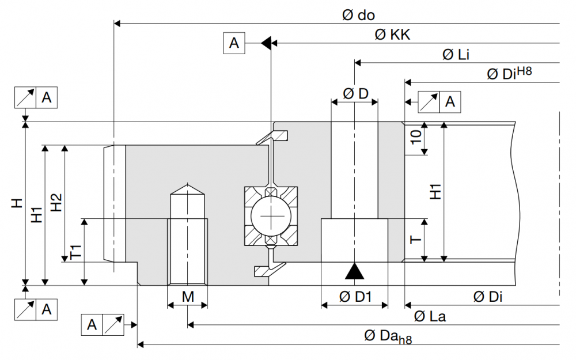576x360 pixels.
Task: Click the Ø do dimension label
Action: pos(358,15)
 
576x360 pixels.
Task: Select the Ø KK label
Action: pos(392,35)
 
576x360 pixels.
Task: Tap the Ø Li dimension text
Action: pos(456,55)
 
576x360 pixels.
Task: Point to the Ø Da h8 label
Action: pos(388,336)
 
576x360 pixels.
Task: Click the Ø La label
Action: pos(430,316)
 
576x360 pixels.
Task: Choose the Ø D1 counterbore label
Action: pos(355,297)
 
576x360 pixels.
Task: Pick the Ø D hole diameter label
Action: pos(355,94)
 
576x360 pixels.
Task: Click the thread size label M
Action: pos(188,297)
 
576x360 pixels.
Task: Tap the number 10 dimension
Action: pos(416,137)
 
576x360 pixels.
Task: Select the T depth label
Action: pos(415,240)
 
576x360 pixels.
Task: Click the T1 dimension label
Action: pos(75,252)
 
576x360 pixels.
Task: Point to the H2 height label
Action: pos(56,202)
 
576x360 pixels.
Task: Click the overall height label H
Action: pos(17,203)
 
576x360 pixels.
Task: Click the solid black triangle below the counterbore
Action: pos(354,271)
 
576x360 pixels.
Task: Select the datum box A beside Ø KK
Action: pos(234,43)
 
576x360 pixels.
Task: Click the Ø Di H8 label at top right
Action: pos(509,73)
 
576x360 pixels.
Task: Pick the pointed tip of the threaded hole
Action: pos(188,183)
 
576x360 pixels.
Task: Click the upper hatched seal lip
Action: pos(272,138)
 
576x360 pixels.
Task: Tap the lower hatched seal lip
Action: pos(270,269)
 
